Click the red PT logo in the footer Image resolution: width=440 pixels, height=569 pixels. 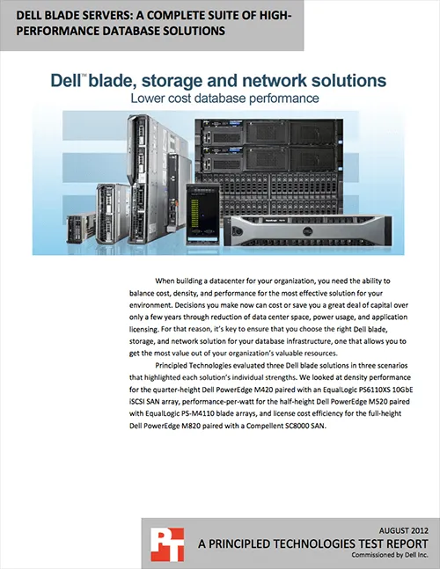pyautogui.click(x=167, y=544)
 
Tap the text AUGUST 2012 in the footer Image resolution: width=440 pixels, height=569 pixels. pyautogui.click(x=403, y=530)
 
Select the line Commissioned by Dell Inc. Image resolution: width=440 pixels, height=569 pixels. pyautogui.click(x=390, y=555)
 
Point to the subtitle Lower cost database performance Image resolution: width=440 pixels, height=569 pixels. pyautogui.click(x=224, y=98)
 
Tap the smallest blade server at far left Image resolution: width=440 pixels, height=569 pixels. pyautogui.click(x=81, y=230)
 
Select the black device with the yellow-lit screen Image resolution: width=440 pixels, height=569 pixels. pyautogui.click(x=202, y=213)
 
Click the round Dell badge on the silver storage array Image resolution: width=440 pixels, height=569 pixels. pyautogui.click(x=307, y=230)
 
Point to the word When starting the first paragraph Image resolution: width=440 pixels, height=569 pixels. pyautogui.click(x=165, y=281)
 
